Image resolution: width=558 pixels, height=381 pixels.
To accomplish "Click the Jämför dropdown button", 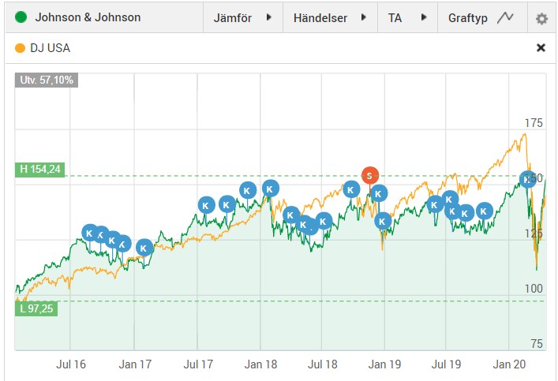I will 242,17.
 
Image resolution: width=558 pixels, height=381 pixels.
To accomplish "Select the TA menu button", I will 407,17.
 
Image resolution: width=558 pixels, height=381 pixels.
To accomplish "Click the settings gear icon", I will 541,18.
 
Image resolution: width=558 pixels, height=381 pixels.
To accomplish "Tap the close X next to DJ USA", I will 541,47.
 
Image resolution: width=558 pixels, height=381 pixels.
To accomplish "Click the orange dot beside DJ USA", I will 20,47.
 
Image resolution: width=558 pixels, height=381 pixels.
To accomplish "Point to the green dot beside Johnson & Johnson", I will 21,17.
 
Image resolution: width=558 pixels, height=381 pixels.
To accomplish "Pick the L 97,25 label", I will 36,308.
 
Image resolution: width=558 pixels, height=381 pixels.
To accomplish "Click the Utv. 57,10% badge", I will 45,80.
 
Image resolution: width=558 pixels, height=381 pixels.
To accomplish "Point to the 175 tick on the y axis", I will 534,122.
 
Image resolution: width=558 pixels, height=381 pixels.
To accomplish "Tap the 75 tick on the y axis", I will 537,343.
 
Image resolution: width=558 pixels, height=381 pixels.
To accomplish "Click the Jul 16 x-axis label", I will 70,364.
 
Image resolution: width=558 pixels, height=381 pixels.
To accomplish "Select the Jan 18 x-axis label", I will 260,364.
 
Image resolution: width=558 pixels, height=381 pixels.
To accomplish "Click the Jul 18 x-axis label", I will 322,364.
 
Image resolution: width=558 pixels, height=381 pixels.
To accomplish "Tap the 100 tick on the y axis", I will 534,289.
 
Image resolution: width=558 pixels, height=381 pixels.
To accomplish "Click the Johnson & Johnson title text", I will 88,17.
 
